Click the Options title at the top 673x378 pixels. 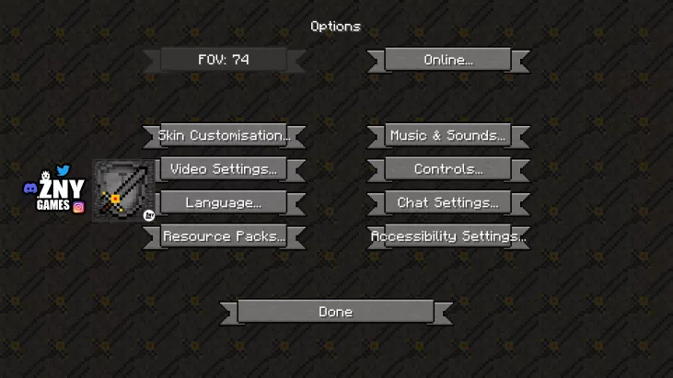(335, 27)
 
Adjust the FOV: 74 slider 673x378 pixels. (224, 60)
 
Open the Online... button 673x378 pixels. (447, 60)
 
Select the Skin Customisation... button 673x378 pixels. (224, 135)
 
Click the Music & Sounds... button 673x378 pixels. (447, 135)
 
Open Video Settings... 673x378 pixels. (224, 169)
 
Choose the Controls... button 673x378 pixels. (447, 169)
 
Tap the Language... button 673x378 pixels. (224, 202)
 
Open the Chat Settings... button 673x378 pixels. (447, 202)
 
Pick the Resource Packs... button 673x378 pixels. (224, 236)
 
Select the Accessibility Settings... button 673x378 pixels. (447, 236)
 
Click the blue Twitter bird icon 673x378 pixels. (63, 170)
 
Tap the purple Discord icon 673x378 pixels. (29, 188)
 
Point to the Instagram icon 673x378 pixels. (78, 207)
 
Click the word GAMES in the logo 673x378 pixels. (53, 206)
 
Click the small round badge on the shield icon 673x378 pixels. (149, 215)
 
